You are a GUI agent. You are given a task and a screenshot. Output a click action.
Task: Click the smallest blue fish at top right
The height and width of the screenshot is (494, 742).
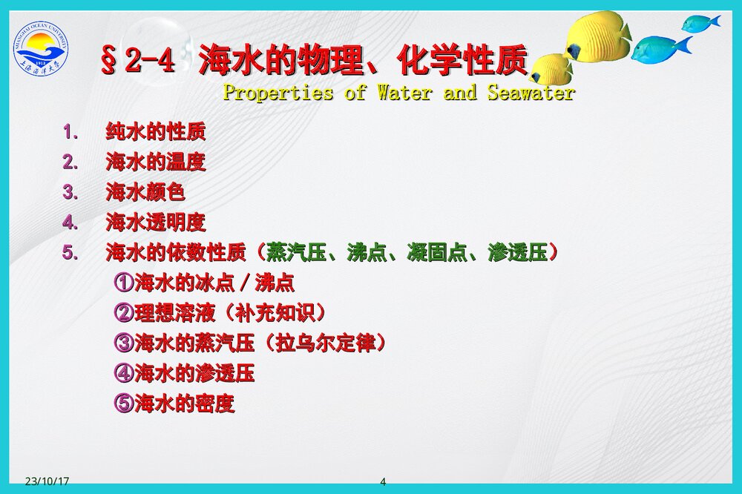tap(699, 23)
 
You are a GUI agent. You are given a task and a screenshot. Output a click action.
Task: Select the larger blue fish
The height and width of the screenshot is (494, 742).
tap(659, 49)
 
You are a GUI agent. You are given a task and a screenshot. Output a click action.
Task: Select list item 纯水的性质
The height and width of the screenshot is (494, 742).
tap(156, 133)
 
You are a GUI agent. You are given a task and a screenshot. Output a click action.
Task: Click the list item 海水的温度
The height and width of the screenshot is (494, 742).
tap(156, 162)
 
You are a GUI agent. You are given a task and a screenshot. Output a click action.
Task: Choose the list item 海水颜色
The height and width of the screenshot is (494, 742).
tap(145, 193)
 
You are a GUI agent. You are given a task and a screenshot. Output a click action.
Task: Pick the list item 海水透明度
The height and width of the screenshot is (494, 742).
tap(156, 223)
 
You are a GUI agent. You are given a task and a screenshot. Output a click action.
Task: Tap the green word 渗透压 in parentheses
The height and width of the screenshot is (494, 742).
tap(518, 253)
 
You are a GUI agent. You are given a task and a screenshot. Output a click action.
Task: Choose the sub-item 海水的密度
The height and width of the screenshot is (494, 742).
tap(184, 404)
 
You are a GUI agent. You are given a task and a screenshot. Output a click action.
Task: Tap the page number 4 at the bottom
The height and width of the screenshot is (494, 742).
tap(383, 482)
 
